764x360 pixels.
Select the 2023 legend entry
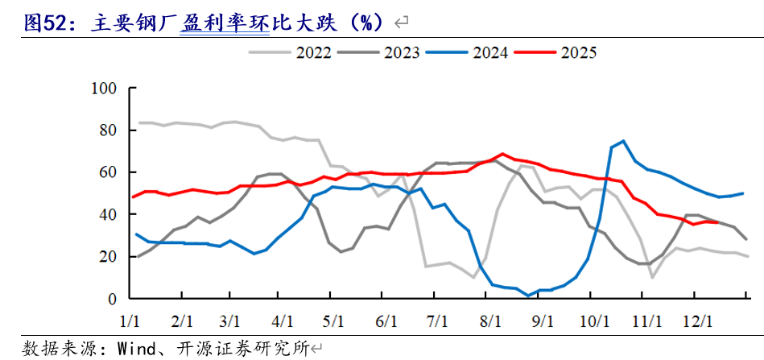click(403, 53)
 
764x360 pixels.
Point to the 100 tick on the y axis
click(105, 88)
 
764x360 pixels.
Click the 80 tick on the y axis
click(109, 130)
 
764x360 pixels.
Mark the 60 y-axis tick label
click(109, 172)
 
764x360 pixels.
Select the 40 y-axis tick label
click(109, 214)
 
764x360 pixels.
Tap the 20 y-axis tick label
click(109, 256)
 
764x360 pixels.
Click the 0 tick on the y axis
click(113, 299)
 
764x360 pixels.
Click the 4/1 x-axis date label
click(283, 321)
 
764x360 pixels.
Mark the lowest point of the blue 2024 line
click(528, 296)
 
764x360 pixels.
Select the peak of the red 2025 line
click(502, 154)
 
